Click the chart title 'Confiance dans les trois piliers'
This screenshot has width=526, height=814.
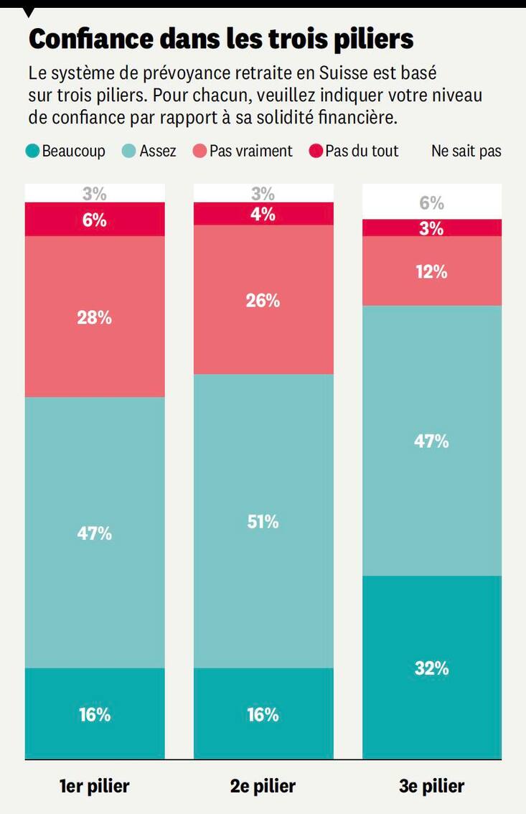pos(220,39)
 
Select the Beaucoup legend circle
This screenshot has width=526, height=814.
pos(32,151)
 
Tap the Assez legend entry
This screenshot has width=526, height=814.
pos(149,151)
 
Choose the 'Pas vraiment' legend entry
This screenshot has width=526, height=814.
pos(243,151)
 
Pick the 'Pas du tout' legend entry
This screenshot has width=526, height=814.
pos(353,151)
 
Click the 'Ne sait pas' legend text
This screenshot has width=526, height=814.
pos(466,151)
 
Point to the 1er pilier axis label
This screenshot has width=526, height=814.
pos(95,786)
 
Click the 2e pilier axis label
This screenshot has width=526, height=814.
pos(263,786)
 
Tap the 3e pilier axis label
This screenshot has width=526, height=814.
pos(431,786)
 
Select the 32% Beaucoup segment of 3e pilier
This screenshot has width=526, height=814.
pos(431,668)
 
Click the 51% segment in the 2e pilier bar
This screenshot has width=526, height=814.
pos(263,521)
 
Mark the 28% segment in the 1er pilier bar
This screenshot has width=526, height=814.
pos(95,317)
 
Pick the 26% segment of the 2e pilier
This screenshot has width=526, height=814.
pos(263,300)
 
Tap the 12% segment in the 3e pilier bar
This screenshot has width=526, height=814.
pos(431,271)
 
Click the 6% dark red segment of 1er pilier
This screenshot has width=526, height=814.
pos(95,220)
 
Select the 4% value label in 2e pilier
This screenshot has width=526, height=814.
pos(263,214)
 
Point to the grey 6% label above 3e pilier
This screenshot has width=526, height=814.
pos(431,203)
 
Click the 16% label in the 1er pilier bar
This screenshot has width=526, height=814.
pos(95,715)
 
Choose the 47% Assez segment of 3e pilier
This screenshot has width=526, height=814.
pos(431,441)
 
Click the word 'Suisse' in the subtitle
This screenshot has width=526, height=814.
pos(343,74)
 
